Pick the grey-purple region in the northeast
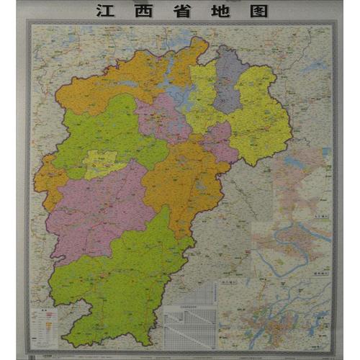coord(229,79)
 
